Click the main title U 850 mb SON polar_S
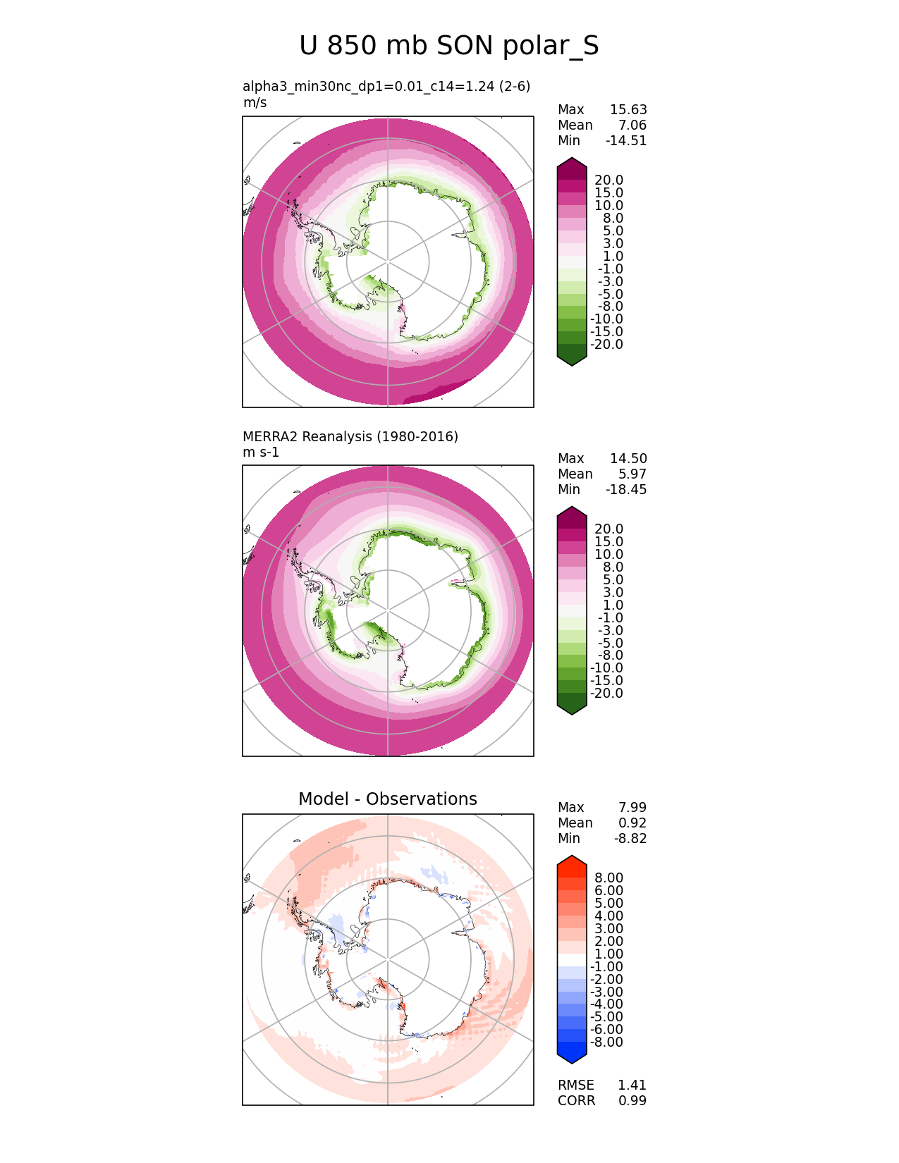click(x=449, y=46)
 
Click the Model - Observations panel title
click(x=387, y=799)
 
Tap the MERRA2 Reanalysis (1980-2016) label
click(x=350, y=436)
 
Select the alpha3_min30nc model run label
click(x=386, y=86)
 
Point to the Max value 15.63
click(x=628, y=109)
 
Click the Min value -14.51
click(x=625, y=140)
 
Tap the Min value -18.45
click(x=625, y=489)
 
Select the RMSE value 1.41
click(x=632, y=1085)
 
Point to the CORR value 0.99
click(x=632, y=1100)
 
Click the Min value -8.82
click(x=630, y=838)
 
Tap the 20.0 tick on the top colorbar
click(x=608, y=180)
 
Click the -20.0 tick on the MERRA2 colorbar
click(x=606, y=693)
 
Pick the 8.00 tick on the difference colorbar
click(x=608, y=878)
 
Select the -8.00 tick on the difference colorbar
click(x=606, y=1042)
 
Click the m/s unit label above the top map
click(x=255, y=102)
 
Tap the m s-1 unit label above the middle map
click(x=261, y=452)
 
